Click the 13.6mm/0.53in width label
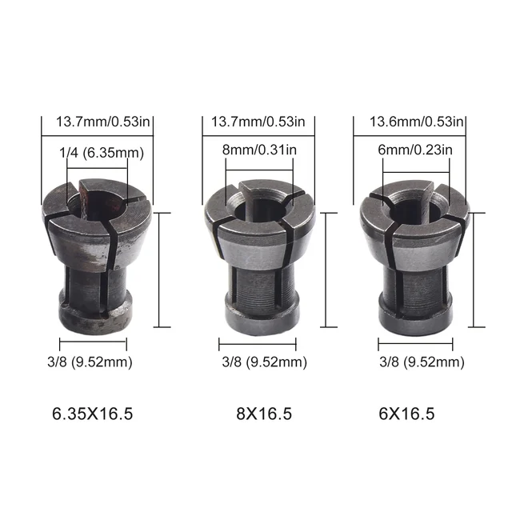(x=415, y=122)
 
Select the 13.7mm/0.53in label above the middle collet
(x=258, y=122)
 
